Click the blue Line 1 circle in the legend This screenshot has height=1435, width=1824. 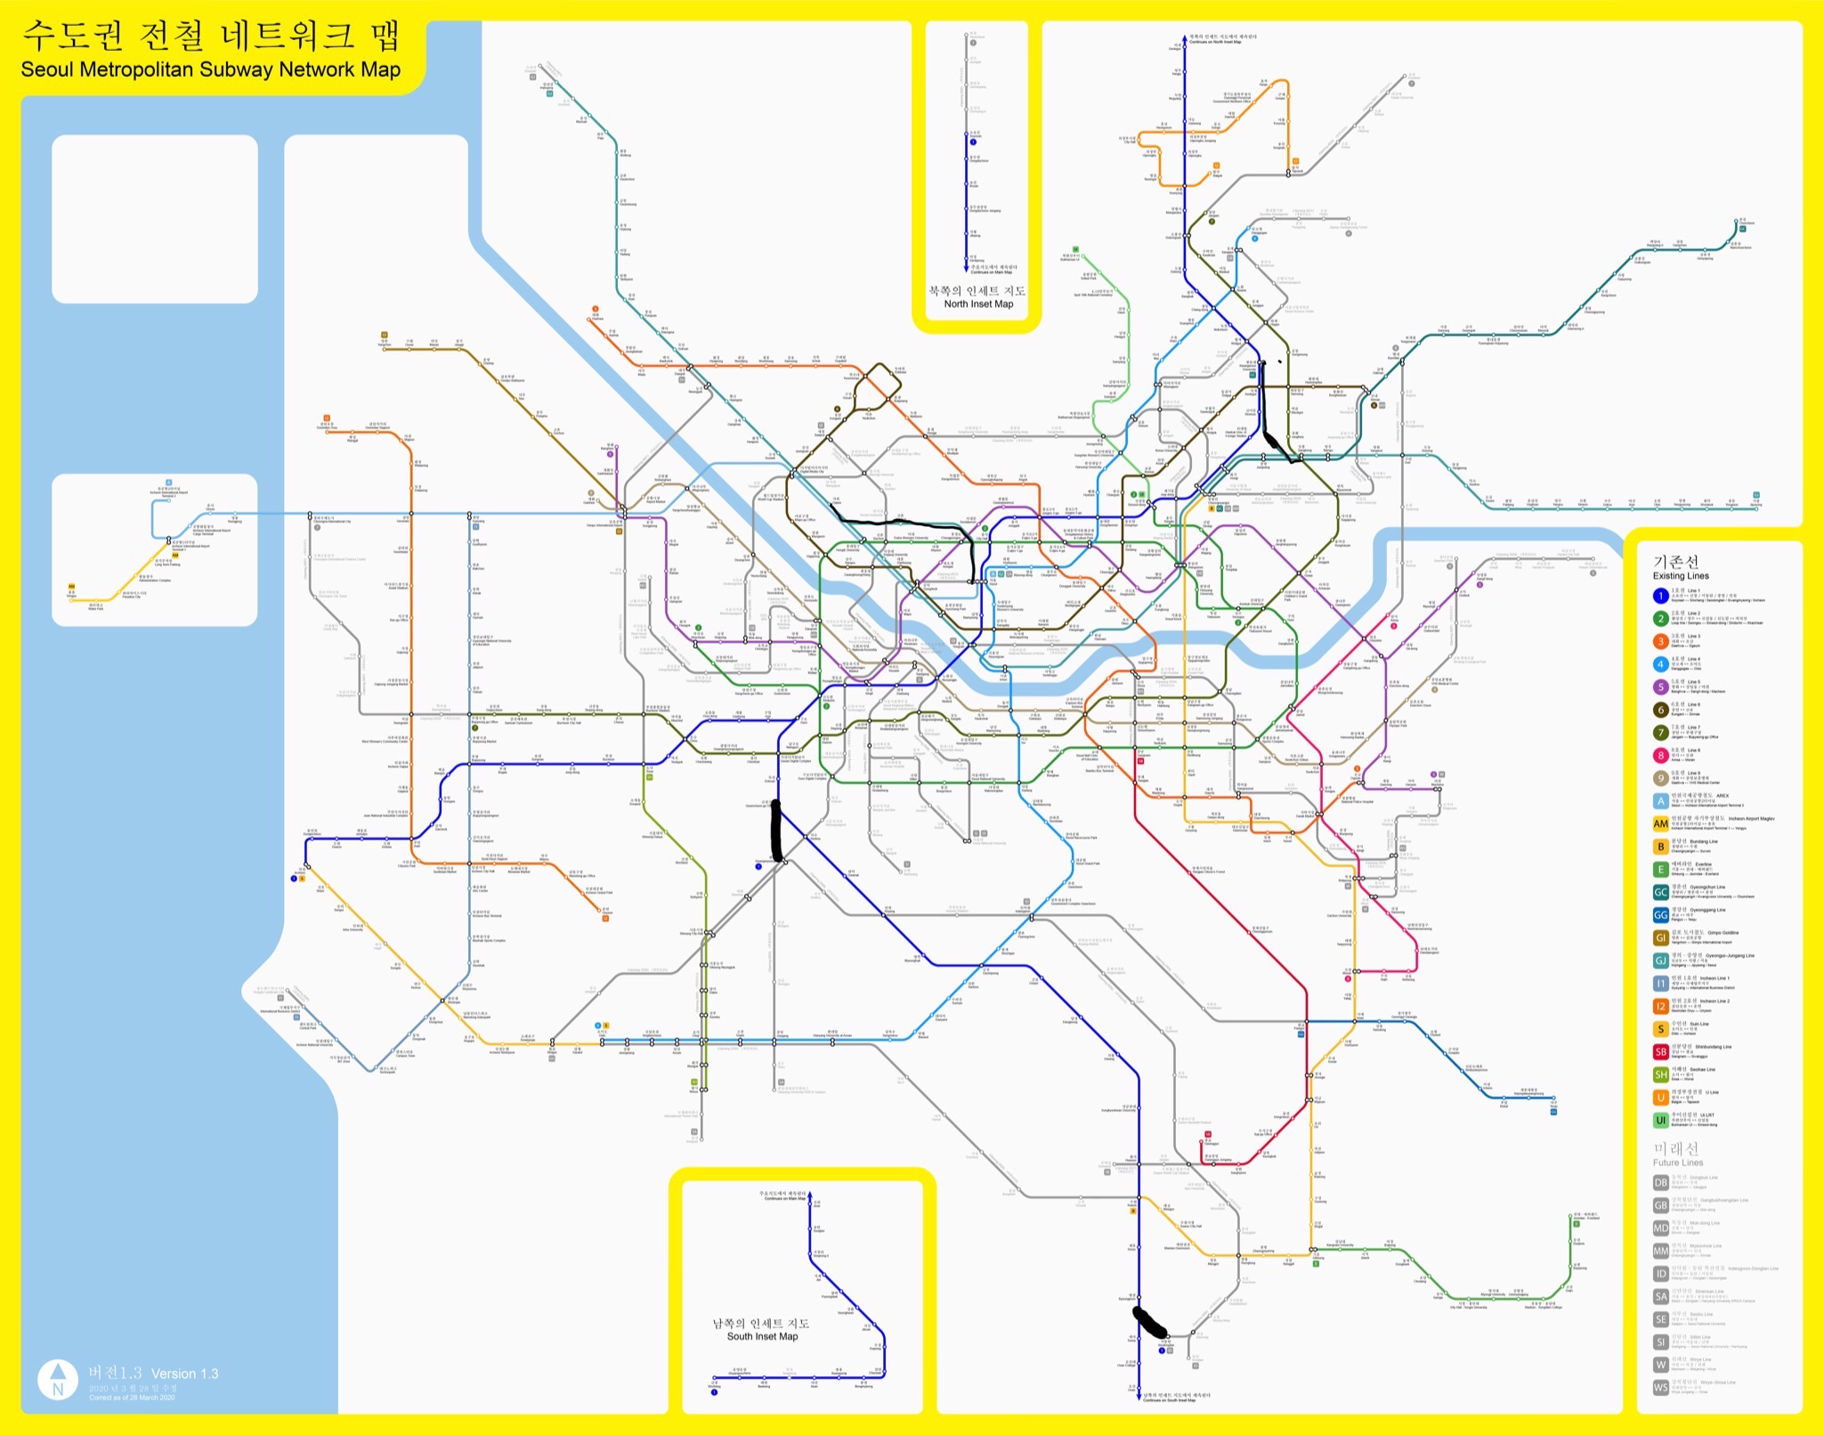(x=1660, y=596)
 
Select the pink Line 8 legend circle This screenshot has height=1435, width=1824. (x=1660, y=756)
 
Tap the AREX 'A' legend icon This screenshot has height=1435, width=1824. (x=1660, y=801)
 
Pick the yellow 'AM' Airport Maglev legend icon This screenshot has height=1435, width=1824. (x=1660, y=824)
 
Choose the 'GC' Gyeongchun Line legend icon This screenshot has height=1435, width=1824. (x=1660, y=892)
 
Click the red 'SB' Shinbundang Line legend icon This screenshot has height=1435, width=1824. (x=1660, y=1051)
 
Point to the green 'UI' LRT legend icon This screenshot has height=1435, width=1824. (x=1660, y=1120)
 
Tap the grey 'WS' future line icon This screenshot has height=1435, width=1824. (x=1660, y=1387)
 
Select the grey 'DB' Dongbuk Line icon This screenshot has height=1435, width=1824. (x=1660, y=1182)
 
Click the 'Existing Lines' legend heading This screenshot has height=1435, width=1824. (x=1681, y=576)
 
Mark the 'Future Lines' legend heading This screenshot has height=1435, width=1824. (x=1678, y=1163)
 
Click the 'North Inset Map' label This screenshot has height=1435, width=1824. (x=978, y=304)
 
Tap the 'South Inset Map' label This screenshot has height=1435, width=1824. (x=762, y=1336)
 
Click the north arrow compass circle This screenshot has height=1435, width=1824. (x=58, y=1380)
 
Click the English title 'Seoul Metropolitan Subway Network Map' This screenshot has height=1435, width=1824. (x=210, y=69)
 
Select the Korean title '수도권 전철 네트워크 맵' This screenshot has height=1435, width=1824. (x=211, y=36)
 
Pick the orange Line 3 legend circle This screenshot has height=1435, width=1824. (x=1660, y=641)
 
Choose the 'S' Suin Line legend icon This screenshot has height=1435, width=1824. (x=1660, y=1029)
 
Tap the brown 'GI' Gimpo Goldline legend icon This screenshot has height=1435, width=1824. (x=1660, y=937)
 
